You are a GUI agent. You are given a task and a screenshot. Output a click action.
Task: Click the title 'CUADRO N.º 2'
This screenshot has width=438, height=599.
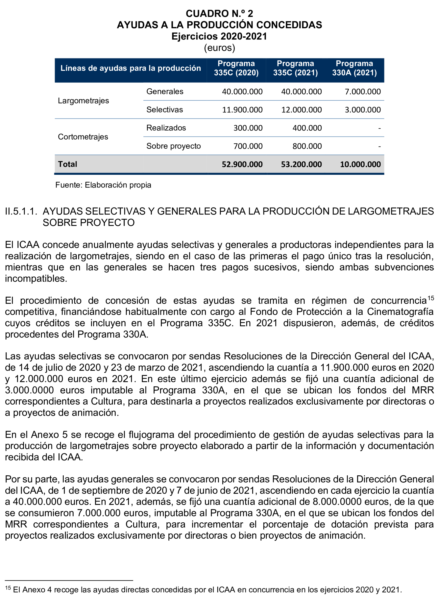219,13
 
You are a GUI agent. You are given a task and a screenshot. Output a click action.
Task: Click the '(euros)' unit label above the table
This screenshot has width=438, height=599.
219,48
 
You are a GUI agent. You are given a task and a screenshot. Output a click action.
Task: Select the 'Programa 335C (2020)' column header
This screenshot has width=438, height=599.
236,68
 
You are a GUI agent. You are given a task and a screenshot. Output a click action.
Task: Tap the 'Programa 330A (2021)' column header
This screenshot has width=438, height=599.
354,68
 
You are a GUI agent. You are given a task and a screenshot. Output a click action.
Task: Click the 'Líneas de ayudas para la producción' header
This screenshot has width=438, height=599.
130,68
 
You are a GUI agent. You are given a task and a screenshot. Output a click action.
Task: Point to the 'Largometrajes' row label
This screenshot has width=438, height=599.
83,101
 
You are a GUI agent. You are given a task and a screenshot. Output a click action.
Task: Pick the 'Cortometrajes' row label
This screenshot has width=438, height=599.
83,137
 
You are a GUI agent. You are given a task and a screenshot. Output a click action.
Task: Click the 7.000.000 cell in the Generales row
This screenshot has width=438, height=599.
363,92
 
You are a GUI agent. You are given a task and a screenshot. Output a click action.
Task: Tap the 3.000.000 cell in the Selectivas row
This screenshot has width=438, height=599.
363,110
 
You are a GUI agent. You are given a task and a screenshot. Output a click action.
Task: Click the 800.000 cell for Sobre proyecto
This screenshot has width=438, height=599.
307,146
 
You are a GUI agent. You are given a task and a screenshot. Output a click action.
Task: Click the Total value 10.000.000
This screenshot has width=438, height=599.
360,164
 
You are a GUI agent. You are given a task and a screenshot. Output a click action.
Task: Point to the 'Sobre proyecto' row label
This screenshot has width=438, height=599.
173,146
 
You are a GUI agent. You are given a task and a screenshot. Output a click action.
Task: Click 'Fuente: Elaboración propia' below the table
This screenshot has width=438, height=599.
103,185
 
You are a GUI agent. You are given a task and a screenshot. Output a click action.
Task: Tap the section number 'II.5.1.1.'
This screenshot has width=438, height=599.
21,211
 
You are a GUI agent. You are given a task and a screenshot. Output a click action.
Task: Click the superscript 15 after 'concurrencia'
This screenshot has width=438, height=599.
431,298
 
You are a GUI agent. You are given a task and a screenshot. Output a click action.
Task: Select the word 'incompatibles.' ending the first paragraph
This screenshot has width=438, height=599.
36,279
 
